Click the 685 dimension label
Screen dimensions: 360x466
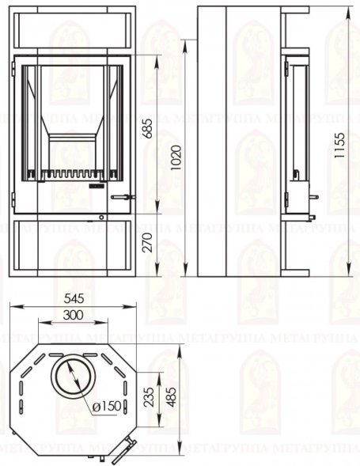pyautogui.click(x=148, y=128)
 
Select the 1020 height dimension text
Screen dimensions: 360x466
pyautogui.click(x=177, y=157)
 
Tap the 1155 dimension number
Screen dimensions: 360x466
pyautogui.click(x=339, y=146)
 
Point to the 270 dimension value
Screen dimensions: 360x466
pyautogui.click(x=148, y=243)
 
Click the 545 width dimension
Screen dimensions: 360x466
pyautogui.click(x=74, y=298)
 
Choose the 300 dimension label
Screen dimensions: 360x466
pyautogui.click(x=73, y=314)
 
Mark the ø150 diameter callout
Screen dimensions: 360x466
pyautogui.click(x=107, y=406)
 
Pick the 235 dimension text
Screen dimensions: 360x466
pyautogui.click(x=149, y=396)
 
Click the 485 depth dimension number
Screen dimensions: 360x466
pyautogui.click(x=171, y=397)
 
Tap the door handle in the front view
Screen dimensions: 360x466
pyautogui.click(x=123, y=197)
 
